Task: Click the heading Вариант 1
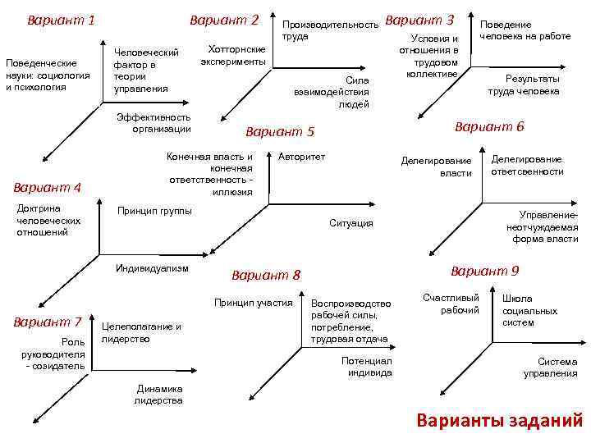[61, 19]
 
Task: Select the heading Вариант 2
[224, 19]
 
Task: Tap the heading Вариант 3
[419, 19]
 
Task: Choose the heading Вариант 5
[280, 131]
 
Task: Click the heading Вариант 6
[489, 127]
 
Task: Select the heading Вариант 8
[267, 275]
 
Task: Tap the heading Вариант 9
[485, 271]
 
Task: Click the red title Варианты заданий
[499, 421]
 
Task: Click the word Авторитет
[302, 156]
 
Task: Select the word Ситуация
[350, 223]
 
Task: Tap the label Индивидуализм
[153, 268]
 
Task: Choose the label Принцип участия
[253, 303]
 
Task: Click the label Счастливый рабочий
[451, 304]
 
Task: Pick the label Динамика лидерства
[158, 395]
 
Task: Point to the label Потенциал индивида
[366, 367]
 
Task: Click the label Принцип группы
[155, 211]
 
